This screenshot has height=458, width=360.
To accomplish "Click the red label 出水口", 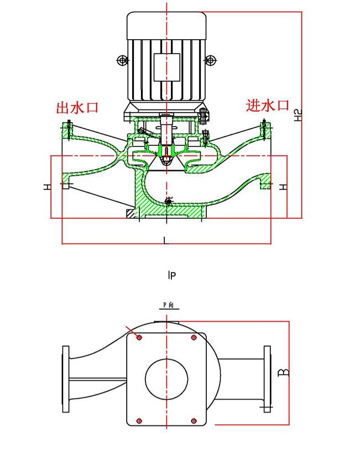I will (77, 107).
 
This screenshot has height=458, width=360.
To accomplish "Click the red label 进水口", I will (268, 105).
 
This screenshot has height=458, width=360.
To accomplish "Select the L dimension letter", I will (165, 239).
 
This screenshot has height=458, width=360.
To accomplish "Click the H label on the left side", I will (48, 187).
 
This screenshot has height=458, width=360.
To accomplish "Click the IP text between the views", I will (172, 275).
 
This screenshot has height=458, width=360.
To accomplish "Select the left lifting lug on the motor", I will (122, 60).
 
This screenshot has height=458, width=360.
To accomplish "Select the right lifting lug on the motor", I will (210, 60).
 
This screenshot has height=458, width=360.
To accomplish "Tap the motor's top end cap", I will (166, 25).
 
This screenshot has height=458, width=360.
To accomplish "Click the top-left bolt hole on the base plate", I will (139, 337).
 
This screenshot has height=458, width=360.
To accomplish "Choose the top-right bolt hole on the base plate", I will (194, 337).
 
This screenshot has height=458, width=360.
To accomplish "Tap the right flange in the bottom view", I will (268, 379).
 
